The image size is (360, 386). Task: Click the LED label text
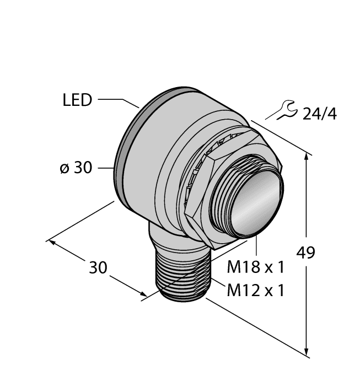[77, 101]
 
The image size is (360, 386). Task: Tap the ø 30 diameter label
[76, 168]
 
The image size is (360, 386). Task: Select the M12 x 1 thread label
[256, 290]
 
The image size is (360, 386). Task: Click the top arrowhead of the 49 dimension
[307, 158]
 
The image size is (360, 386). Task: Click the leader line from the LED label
[119, 101]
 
